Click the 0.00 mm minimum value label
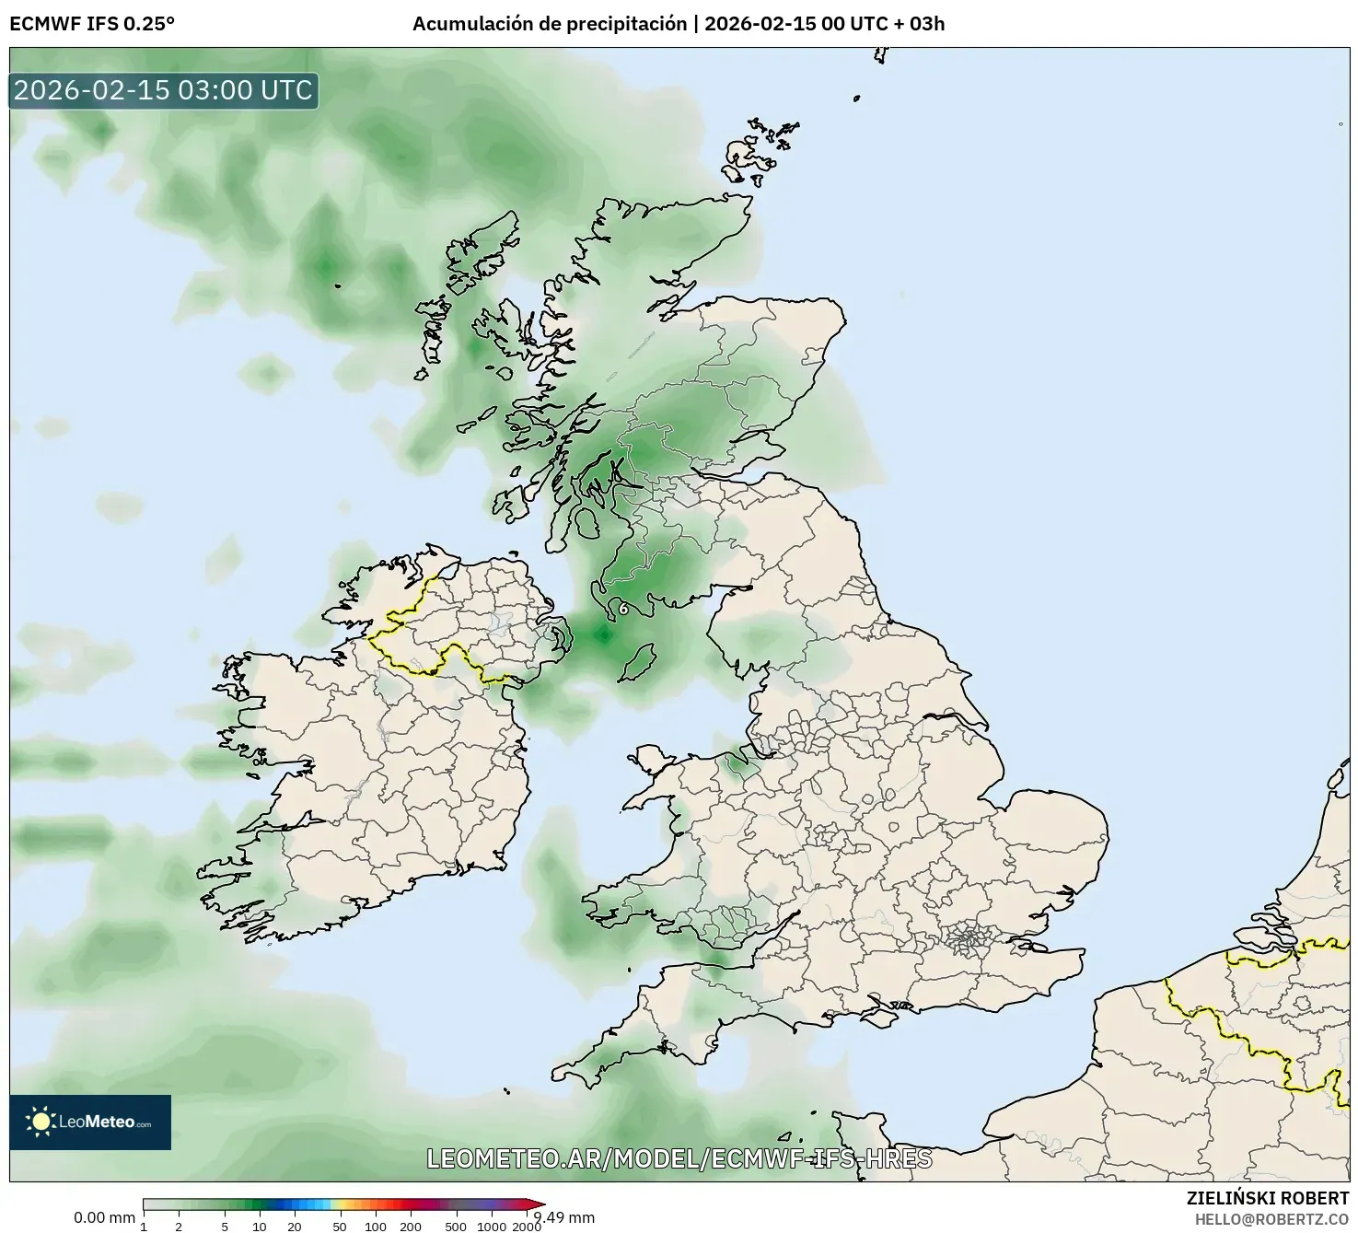[104, 1217]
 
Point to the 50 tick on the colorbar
[340, 1226]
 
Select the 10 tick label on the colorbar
[260, 1226]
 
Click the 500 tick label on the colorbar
[456, 1226]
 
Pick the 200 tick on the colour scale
[411, 1226]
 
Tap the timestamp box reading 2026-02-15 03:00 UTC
[164, 90]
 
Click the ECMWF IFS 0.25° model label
[92, 24]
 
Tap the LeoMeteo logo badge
[90, 1122]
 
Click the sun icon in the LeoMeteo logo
[41, 1122]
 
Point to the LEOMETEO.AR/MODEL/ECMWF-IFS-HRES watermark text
[679, 1158]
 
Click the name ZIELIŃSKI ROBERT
[1267, 1198]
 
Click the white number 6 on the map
[623, 609]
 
